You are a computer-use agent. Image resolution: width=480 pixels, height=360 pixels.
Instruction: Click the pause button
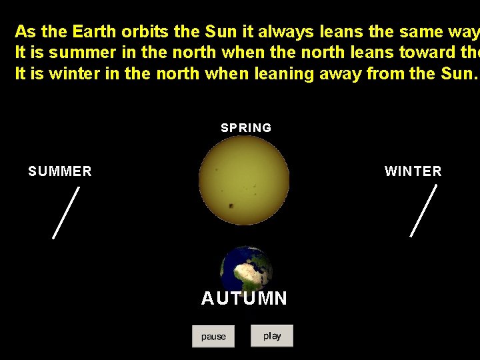click(x=213, y=336)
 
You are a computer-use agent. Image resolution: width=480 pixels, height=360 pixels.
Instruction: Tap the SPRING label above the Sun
click(x=246, y=128)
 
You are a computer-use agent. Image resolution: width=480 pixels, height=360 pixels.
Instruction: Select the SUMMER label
click(x=60, y=171)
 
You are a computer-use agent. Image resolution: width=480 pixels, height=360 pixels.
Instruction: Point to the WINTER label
click(x=413, y=171)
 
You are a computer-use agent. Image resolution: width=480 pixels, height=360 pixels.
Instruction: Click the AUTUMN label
click(x=244, y=299)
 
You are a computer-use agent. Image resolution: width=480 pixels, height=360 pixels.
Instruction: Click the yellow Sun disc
click(x=244, y=180)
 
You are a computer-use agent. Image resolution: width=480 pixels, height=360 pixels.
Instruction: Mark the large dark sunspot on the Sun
click(x=231, y=206)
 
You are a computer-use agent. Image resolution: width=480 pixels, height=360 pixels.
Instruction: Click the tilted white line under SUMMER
click(x=66, y=212)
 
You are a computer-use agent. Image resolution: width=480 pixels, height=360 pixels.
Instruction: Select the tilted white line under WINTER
click(x=423, y=211)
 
